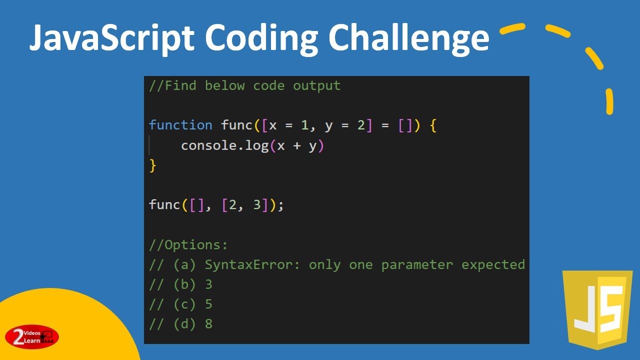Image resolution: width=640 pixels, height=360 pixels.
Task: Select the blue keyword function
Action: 180,125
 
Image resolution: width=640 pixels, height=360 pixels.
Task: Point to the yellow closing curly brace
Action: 153,165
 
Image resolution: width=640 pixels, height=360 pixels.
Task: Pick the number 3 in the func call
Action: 257,205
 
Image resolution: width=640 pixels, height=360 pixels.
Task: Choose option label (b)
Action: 184,284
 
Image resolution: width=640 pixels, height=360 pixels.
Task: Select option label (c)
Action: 184,304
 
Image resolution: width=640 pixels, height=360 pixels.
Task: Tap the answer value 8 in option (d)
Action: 208,324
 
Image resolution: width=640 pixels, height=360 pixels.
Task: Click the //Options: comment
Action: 188,245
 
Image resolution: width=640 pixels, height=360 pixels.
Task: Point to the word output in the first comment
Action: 316,85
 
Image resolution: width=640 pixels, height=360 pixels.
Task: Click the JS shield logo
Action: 597,310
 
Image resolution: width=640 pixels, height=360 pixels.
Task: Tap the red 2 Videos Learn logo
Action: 32,336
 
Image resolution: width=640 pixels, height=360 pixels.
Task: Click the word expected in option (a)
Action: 493,264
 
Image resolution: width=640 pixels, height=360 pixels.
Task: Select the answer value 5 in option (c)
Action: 208,304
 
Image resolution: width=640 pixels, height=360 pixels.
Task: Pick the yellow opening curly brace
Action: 433,125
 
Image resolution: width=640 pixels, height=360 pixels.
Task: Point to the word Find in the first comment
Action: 180,85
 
